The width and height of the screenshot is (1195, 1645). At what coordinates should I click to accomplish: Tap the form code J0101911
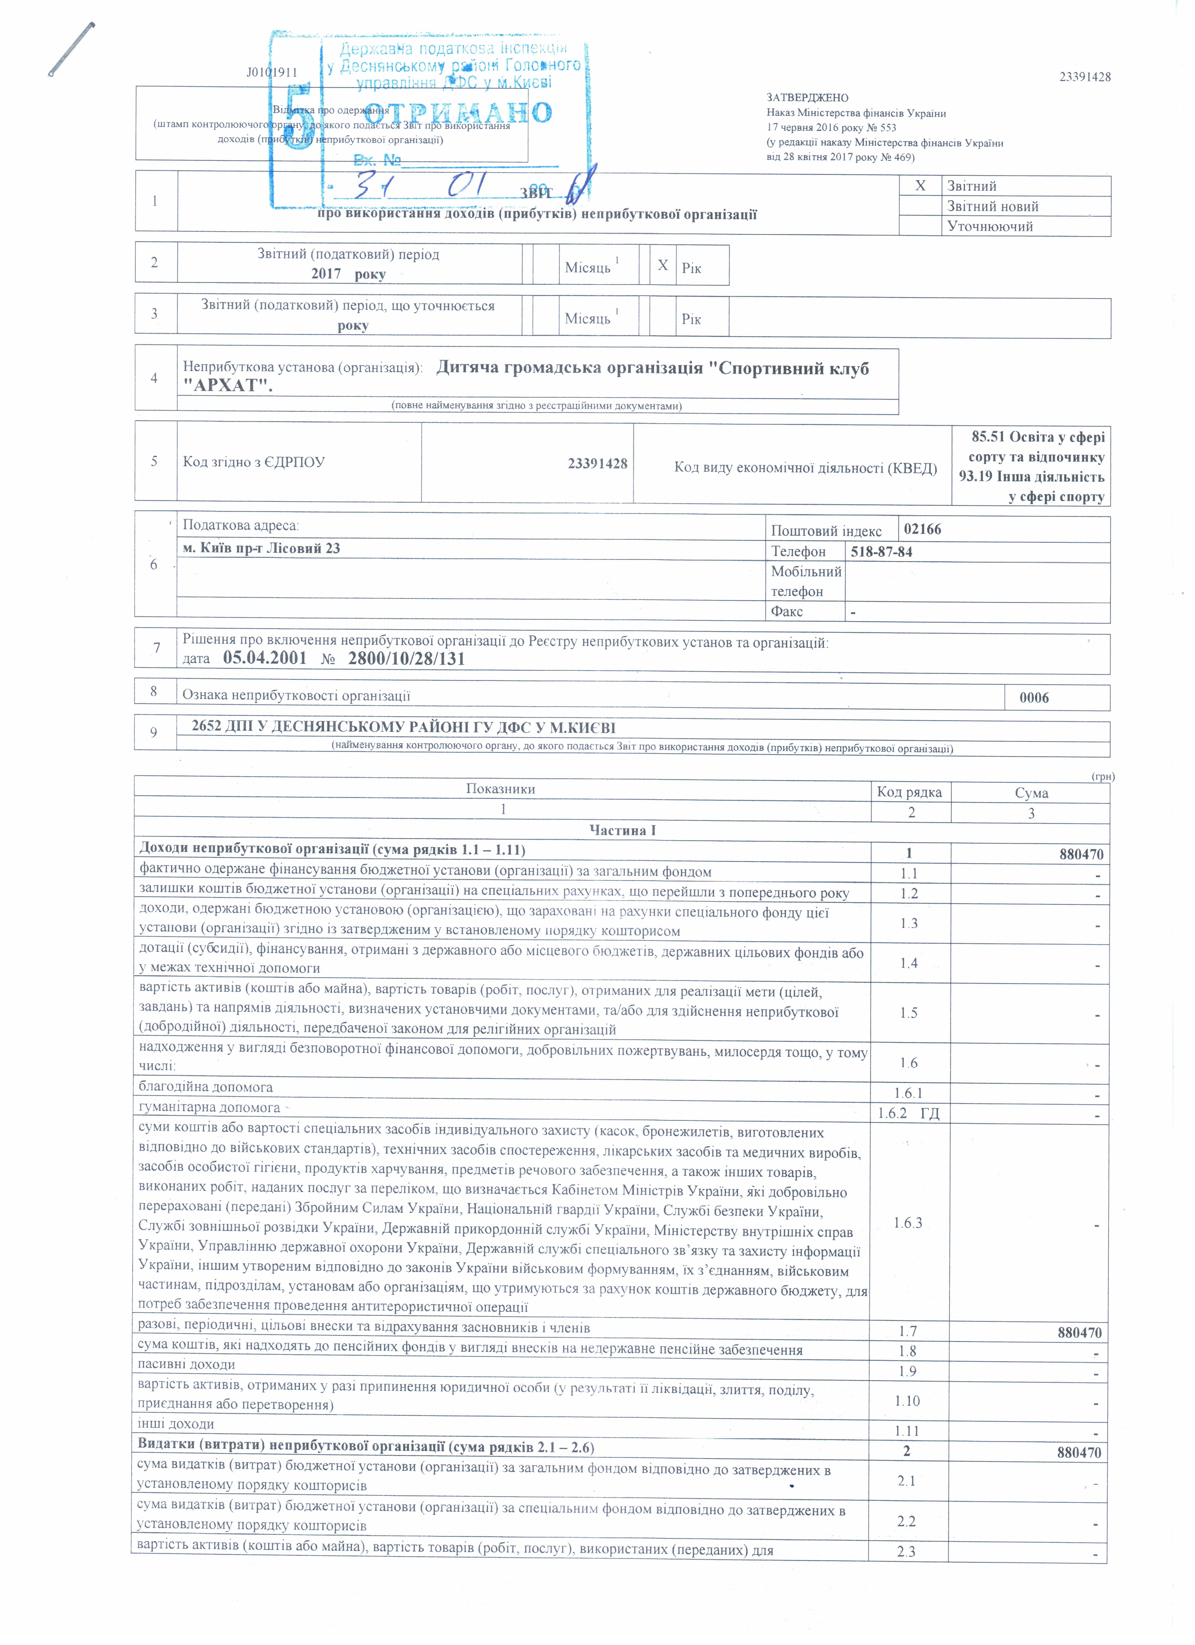pyautogui.click(x=272, y=72)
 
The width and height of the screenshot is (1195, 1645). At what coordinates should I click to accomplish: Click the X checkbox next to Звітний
pyautogui.click(x=920, y=186)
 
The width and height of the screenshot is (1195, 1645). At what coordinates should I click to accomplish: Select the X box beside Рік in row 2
pyautogui.click(x=662, y=265)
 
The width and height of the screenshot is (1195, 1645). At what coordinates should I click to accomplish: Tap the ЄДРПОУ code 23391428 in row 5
pyautogui.click(x=597, y=464)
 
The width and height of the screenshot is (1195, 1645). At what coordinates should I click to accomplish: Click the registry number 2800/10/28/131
pyautogui.click(x=406, y=658)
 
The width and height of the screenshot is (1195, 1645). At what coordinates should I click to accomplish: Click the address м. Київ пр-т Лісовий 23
pyautogui.click(x=261, y=548)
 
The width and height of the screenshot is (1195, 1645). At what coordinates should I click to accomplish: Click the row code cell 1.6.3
pyautogui.click(x=908, y=1223)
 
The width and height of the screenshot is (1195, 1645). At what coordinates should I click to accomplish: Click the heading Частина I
pyautogui.click(x=622, y=830)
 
